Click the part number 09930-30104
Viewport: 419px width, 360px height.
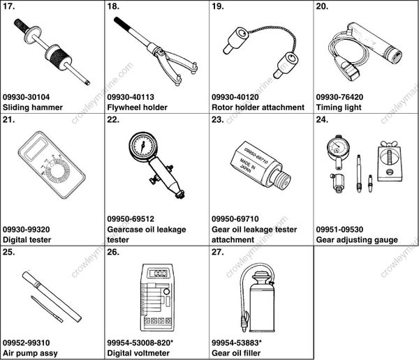coord(27,97)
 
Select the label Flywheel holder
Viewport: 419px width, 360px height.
coord(137,107)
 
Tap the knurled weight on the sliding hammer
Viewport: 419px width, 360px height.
coord(59,57)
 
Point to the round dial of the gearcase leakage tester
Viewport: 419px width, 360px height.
coord(143,146)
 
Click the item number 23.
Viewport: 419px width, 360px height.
coord(218,119)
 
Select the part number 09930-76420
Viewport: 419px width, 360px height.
coord(339,97)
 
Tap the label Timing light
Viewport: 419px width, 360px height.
coord(339,107)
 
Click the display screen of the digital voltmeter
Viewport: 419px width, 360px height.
coord(158,273)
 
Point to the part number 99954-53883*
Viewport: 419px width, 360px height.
coord(237,343)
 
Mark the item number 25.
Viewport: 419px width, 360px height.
coord(9,252)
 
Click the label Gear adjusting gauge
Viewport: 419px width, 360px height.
coord(357,240)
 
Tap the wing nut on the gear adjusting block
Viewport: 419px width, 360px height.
coord(388,144)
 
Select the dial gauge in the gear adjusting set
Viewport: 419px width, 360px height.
coord(337,149)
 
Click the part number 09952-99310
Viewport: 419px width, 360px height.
coord(27,343)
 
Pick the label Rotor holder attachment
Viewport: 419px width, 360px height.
coord(258,107)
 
